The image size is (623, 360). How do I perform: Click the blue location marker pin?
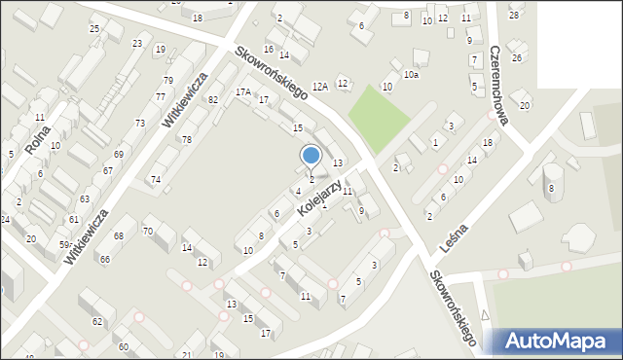pos(311,156)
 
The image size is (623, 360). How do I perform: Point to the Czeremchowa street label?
pos(500,86)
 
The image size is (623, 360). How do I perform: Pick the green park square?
pos(379,118)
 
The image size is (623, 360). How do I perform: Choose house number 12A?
pos(319,88)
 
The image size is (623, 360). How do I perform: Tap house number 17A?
pos(242,92)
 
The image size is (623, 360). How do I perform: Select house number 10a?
pos(412,75)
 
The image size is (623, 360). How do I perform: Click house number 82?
pos(213,100)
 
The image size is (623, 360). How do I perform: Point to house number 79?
pos(168,80)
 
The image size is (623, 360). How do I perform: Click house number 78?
pos(187,140)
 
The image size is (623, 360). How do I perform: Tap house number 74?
pos(156,180)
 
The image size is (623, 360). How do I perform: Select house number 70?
pos(148,231)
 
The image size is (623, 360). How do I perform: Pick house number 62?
pos(97,321)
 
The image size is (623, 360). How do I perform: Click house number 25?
pos(94,29)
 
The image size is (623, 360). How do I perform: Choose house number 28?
pos(514,16)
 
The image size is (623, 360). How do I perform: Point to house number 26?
pos(517,58)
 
